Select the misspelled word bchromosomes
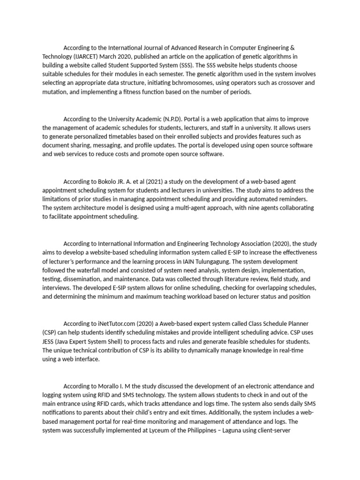195,82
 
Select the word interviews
57,287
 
